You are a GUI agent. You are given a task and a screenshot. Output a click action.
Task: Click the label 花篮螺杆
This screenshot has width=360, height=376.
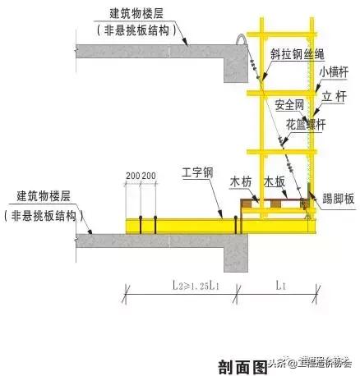pos(304,123)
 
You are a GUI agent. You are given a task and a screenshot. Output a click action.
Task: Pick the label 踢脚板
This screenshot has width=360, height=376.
pos(338,198)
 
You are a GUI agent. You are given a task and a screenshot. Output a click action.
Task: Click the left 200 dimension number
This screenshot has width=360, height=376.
pos(133,176)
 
